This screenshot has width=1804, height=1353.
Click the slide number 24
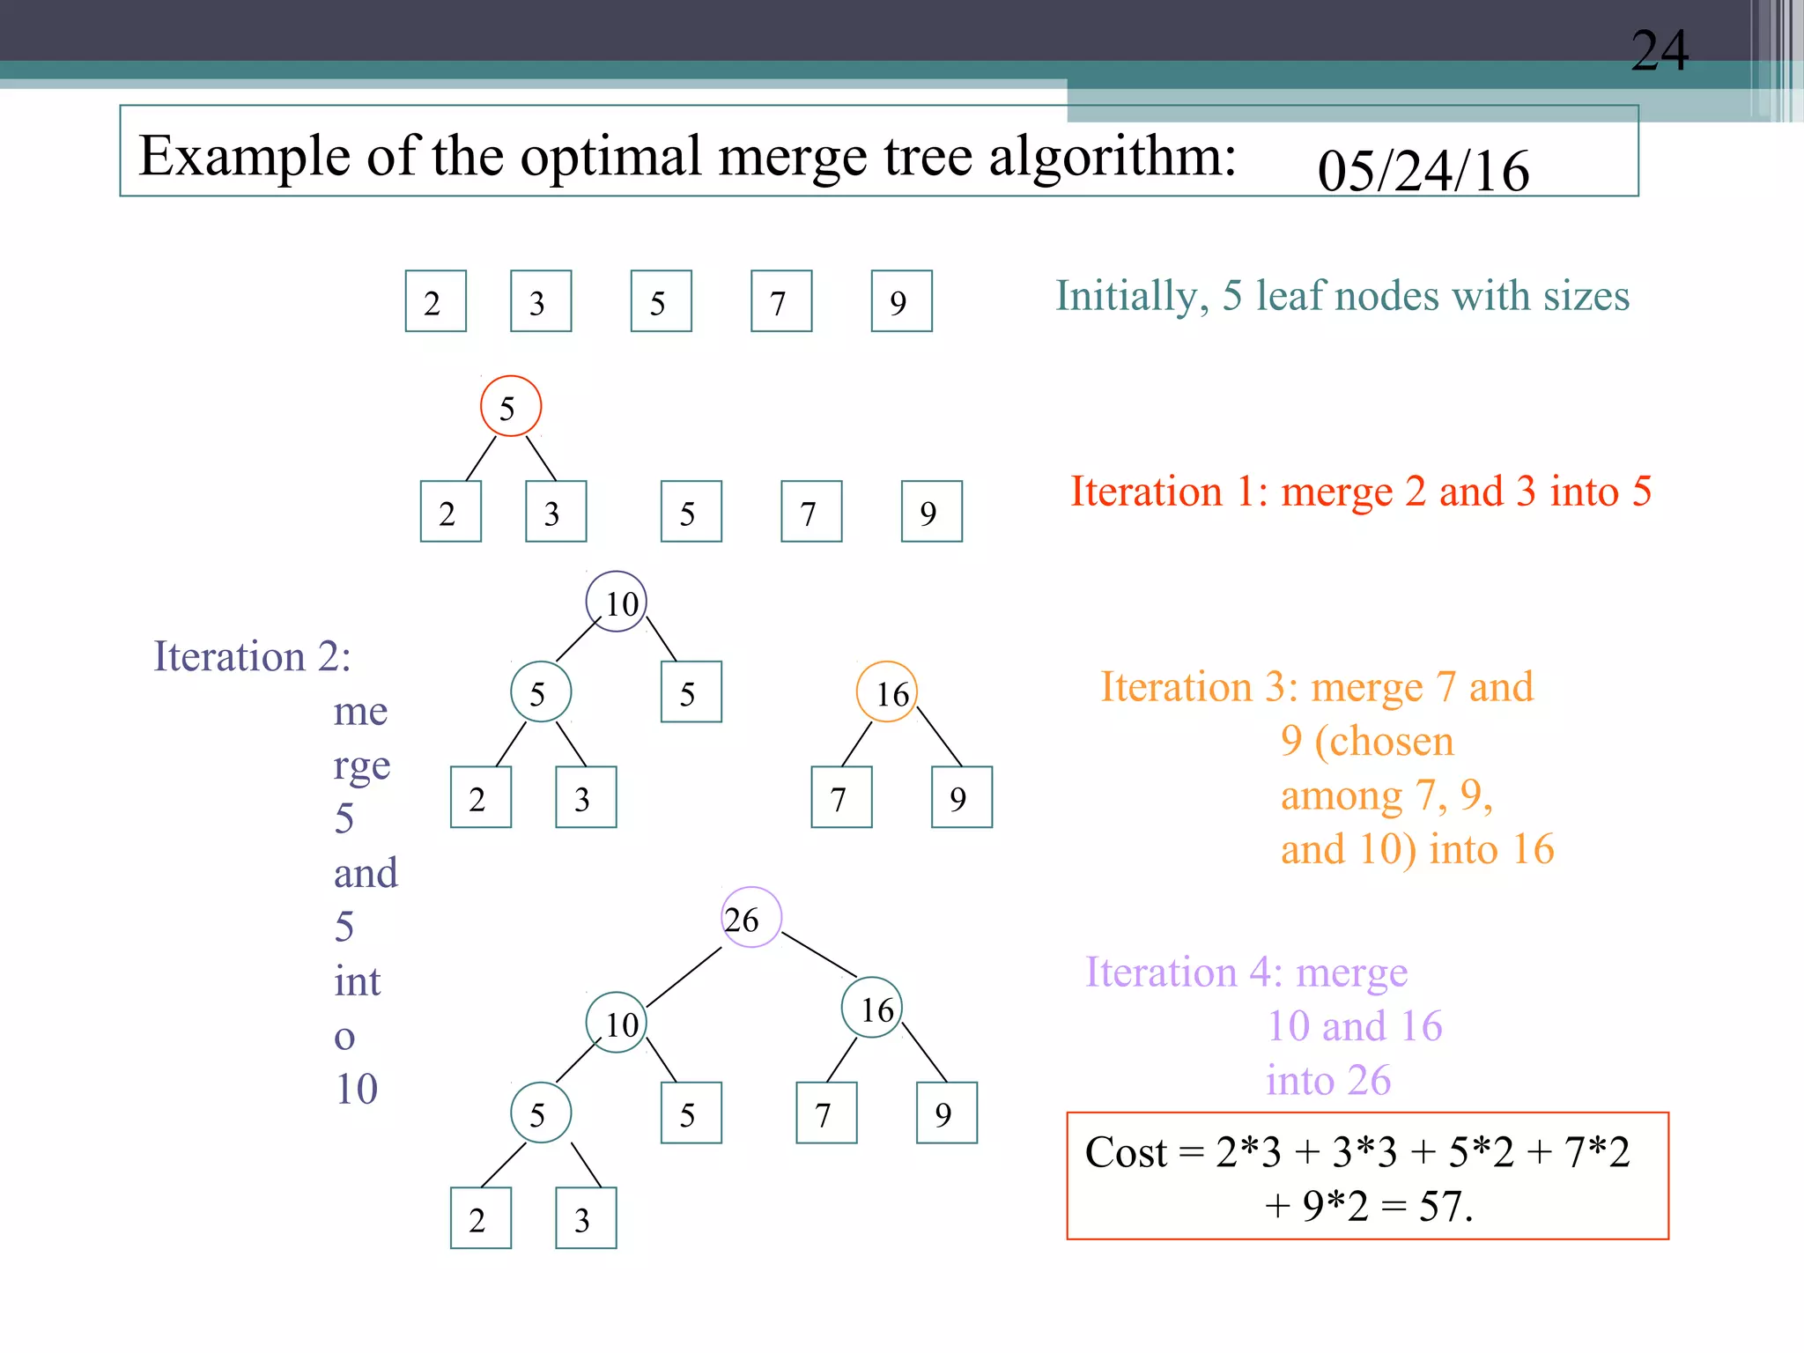(x=1660, y=51)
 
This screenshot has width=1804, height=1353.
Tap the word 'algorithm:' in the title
(x=1113, y=157)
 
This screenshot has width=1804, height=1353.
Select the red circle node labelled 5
(x=510, y=406)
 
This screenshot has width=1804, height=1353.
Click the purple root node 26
(x=750, y=917)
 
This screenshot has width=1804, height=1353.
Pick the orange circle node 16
(x=887, y=692)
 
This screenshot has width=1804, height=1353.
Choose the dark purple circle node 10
(x=617, y=602)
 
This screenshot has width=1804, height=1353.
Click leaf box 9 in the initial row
(x=901, y=301)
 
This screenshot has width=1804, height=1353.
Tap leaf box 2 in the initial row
(x=435, y=301)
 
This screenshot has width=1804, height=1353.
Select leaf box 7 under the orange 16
(x=841, y=797)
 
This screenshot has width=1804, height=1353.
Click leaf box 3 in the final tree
(x=586, y=1218)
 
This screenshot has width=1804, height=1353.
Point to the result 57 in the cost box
(x=1445, y=1206)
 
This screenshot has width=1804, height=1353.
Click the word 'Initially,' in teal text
(x=1131, y=296)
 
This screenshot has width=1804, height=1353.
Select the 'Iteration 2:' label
(x=252, y=657)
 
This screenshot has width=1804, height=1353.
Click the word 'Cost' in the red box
(x=1126, y=1152)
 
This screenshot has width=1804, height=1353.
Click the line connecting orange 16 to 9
(x=939, y=736)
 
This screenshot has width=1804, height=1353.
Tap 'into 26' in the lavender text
(x=1328, y=1081)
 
